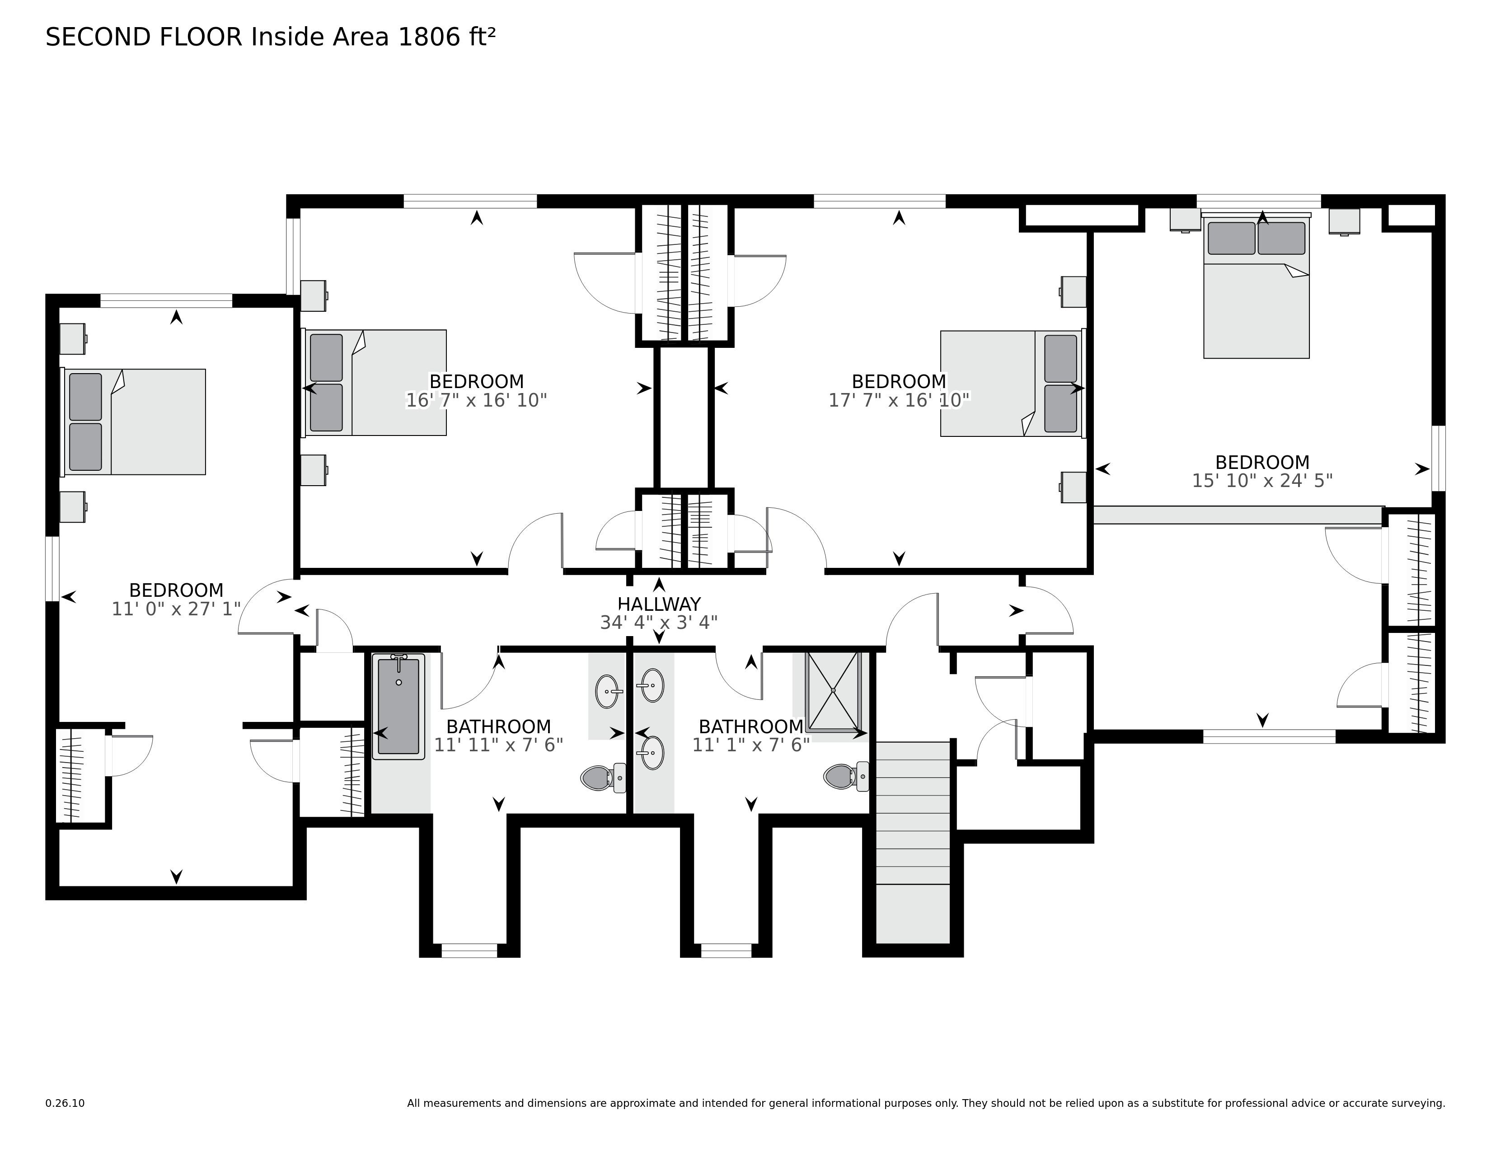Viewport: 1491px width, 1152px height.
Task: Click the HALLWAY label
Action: click(x=659, y=604)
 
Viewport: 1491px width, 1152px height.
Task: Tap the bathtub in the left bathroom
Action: click(x=398, y=707)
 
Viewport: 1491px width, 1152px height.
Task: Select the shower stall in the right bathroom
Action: click(x=833, y=691)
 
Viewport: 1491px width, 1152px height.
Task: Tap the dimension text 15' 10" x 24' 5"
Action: click(x=1261, y=481)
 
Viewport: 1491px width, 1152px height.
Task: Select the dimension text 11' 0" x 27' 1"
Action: click(x=176, y=609)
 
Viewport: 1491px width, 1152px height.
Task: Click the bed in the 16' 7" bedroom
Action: click(x=375, y=382)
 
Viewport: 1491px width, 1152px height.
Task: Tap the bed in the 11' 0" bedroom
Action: click(x=135, y=422)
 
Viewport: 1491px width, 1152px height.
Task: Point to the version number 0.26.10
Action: click(x=65, y=1103)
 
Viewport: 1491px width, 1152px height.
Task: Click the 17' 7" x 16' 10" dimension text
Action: click(x=898, y=400)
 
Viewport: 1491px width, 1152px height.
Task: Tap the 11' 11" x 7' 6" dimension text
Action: click(x=498, y=745)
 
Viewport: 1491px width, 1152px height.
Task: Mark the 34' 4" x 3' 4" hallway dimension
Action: click(x=659, y=623)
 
